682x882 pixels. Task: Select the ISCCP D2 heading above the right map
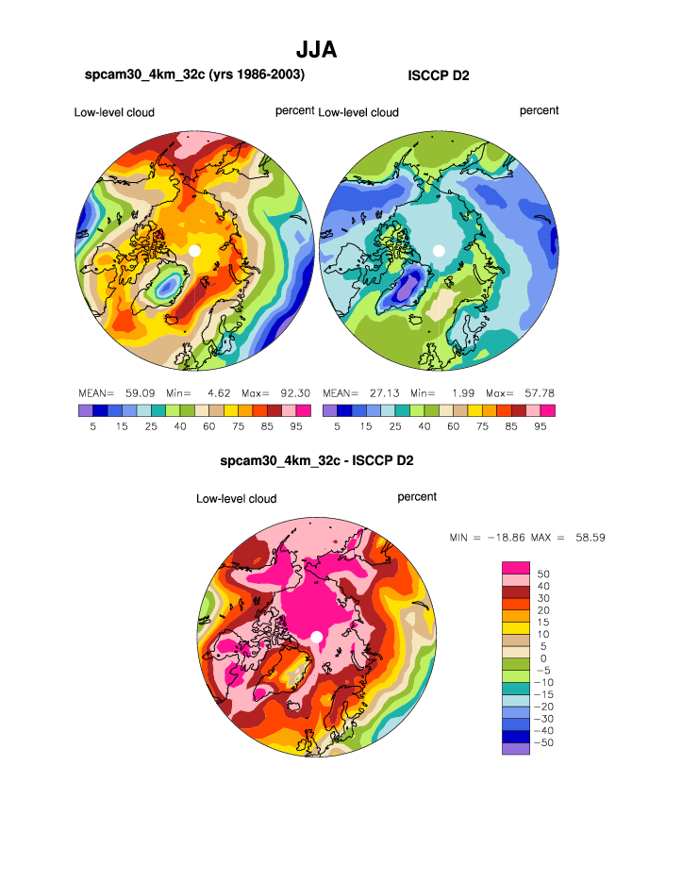click(438, 75)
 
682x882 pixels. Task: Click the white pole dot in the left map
click(194, 250)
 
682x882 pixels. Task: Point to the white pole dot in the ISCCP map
click(439, 250)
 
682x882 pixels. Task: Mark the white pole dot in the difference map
click(317, 637)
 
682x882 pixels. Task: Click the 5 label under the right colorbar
click(337, 425)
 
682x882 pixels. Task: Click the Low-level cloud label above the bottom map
click(236, 498)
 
